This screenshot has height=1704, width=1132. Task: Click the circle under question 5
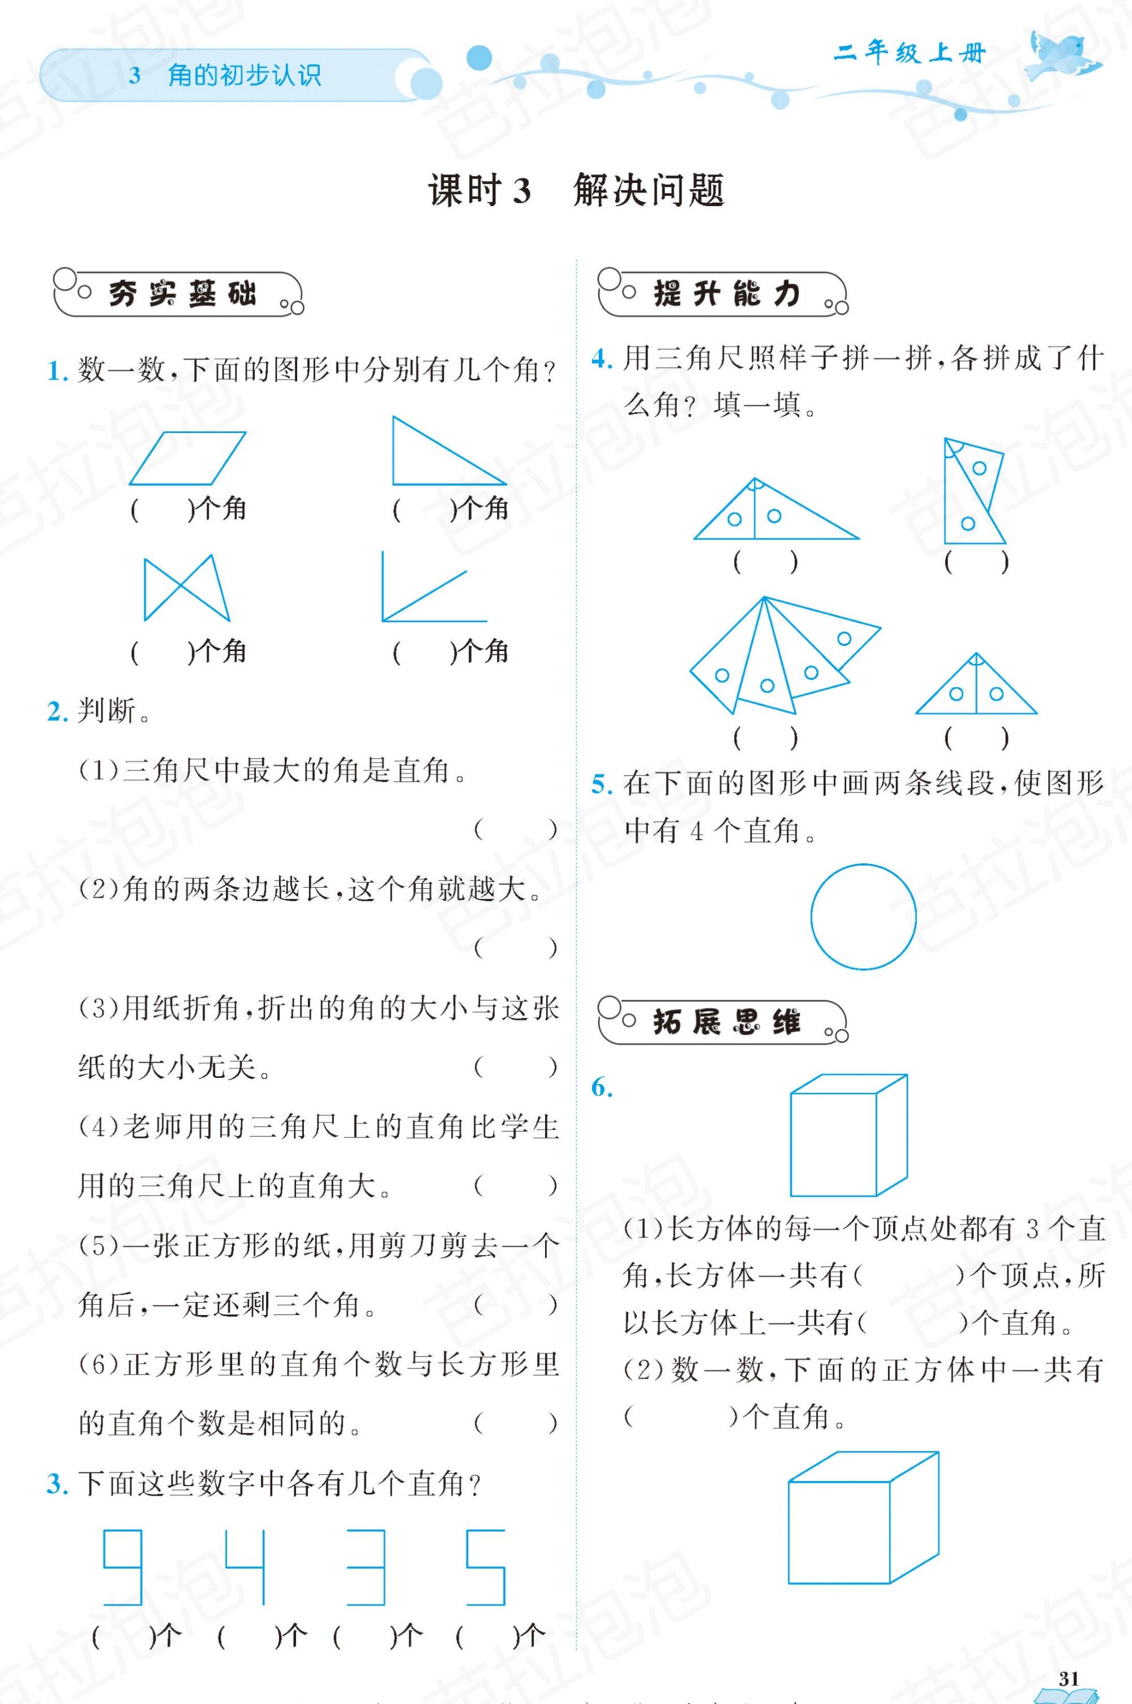coord(864,917)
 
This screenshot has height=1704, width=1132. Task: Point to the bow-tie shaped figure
coord(186,588)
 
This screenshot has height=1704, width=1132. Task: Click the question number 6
coord(602,1088)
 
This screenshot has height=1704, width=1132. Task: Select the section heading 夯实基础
coord(182,294)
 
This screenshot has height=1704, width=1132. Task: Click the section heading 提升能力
coord(726,294)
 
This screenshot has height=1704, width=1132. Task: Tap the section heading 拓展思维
coord(726,1022)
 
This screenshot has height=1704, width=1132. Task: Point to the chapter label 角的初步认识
coord(244,75)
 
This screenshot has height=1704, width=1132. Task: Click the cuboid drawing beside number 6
coord(848,1136)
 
